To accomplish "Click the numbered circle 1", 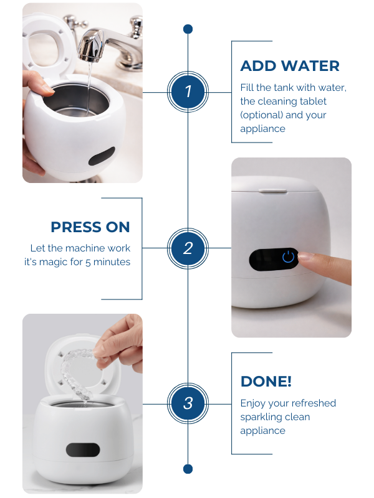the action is [x=188, y=92].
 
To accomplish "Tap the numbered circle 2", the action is [x=188, y=248].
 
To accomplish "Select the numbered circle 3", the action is [x=188, y=403].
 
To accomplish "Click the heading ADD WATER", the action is [x=290, y=66].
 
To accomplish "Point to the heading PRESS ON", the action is [x=90, y=227].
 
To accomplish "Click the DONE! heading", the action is [x=266, y=382].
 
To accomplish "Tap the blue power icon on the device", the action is [x=288, y=256].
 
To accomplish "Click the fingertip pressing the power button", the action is [x=303, y=256].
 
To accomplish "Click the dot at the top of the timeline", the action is [x=188, y=29].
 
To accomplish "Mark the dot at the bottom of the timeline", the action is [x=188, y=469].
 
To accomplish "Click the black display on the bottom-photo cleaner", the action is [x=83, y=449].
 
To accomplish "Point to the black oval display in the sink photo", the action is [x=102, y=156].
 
